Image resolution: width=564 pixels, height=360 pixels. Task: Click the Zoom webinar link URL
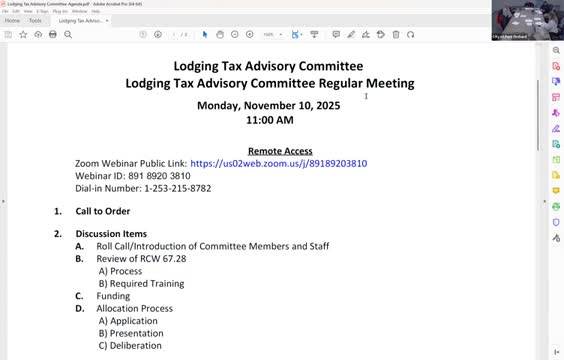[278, 163]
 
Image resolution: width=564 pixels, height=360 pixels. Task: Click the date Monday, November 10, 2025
[269, 105]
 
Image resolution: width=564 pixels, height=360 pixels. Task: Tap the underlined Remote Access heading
[280, 150]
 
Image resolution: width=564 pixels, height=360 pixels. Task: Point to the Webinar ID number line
[132, 175]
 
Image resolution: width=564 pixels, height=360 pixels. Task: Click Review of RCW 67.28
[141, 258]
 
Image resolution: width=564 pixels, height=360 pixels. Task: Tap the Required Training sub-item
[146, 283]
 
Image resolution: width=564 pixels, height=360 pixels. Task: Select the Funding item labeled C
[113, 296]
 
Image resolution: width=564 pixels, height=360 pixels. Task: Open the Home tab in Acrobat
[13, 20]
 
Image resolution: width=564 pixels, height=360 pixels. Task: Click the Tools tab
[35, 20]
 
